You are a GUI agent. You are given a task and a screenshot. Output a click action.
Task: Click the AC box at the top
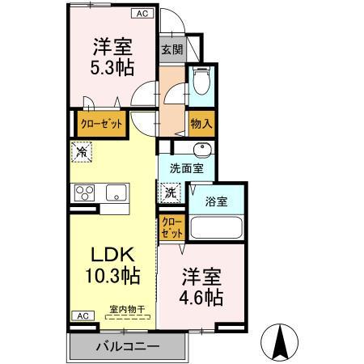point(142,14)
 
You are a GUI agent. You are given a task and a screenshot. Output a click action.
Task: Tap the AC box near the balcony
point(82,316)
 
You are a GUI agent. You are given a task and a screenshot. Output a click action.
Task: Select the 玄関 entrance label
point(171,49)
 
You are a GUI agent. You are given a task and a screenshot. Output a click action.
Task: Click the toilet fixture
point(201,83)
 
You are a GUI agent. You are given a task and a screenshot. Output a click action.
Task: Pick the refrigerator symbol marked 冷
point(81,150)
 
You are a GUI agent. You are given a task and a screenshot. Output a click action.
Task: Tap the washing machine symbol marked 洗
point(171,193)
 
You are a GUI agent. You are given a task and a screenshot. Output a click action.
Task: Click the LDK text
point(112,253)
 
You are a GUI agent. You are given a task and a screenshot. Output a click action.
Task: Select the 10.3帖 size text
point(112,277)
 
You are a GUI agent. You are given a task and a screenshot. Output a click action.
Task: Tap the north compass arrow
point(284,341)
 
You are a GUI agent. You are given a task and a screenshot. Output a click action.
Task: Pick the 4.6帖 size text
point(201,298)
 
